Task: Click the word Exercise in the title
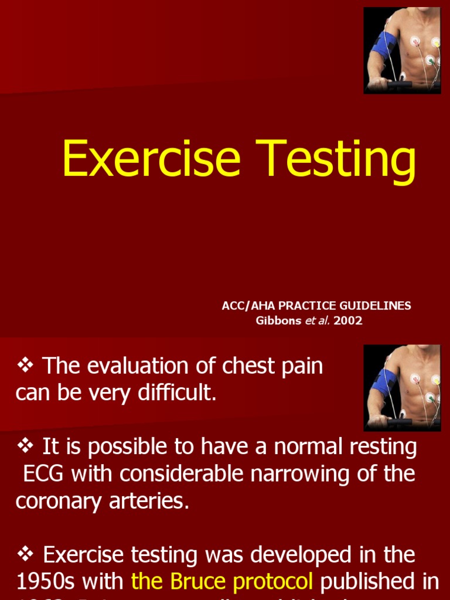(x=151, y=159)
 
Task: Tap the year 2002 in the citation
(x=348, y=321)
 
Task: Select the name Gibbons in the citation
(x=277, y=321)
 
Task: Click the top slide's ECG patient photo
(x=401, y=50)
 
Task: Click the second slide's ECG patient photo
(x=401, y=388)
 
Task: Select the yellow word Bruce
(x=200, y=581)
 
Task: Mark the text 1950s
(x=42, y=581)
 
